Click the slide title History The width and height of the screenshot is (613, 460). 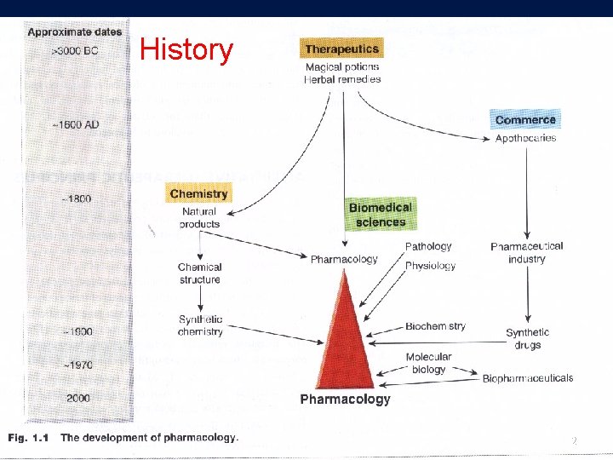click(x=186, y=49)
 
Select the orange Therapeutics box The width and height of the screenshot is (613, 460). click(x=341, y=49)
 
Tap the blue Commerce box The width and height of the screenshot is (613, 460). click(x=525, y=120)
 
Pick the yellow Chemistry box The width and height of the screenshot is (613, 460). click(x=198, y=193)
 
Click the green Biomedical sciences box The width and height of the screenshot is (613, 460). click(x=381, y=215)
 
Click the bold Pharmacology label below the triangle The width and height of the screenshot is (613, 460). click(x=345, y=399)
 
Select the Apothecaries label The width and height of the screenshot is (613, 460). click(x=525, y=138)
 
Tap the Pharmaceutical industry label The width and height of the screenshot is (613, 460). click(x=527, y=252)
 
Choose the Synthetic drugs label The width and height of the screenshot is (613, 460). click(x=527, y=338)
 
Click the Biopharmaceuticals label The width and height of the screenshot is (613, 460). click(x=528, y=378)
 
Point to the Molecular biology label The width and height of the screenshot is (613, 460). click(x=428, y=363)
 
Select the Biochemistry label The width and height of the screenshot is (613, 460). click(x=435, y=326)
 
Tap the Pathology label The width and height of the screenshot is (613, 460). click(x=428, y=246)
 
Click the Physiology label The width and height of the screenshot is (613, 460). click(x=430, y=266)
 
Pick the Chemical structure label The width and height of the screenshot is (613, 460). click(x=200, y=273)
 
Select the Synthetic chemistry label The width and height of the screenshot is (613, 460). click(x=200, y=325)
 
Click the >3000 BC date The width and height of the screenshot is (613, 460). click(x=75, y=51)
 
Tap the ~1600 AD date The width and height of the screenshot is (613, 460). click(x=75, y=125)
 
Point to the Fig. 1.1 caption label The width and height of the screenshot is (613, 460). click(x=30, y=438)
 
